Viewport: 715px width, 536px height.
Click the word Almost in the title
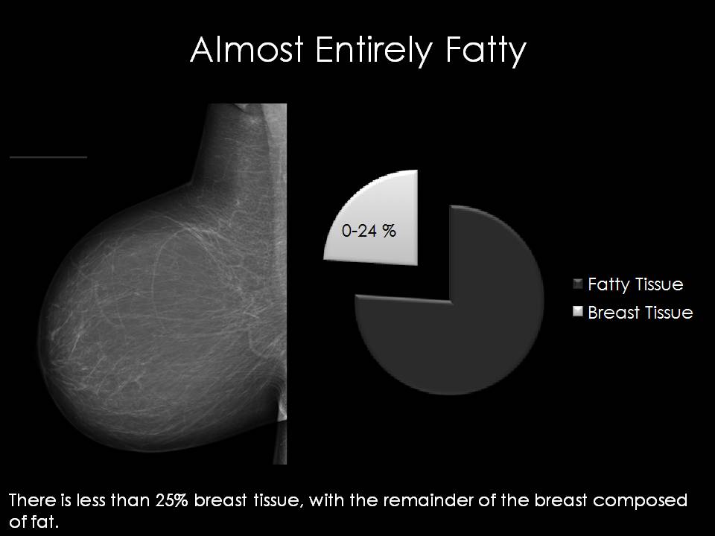[x=247, y=49]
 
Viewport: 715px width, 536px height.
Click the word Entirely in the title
[x=373, y=51]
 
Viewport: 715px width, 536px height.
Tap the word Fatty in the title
[x=486, y=51]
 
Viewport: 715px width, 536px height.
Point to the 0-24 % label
[x=369, y=231]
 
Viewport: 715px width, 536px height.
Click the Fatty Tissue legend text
[x=635, y=285]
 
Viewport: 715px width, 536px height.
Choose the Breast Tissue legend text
[x=641, y=313]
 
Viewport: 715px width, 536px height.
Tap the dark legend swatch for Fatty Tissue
[x=578, y=284]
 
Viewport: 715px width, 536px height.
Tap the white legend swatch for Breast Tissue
[x=578, y=311]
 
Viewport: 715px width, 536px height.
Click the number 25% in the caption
[x=171, y=500]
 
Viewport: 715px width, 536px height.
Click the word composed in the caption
[x=640, y=501]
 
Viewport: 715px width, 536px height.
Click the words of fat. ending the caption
[x=34, y=521]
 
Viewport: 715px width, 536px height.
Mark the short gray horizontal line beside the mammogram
[x=48, y=157]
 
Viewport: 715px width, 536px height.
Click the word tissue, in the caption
[x=277, y=501]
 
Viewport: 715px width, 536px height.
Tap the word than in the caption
[x=131, y=500]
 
